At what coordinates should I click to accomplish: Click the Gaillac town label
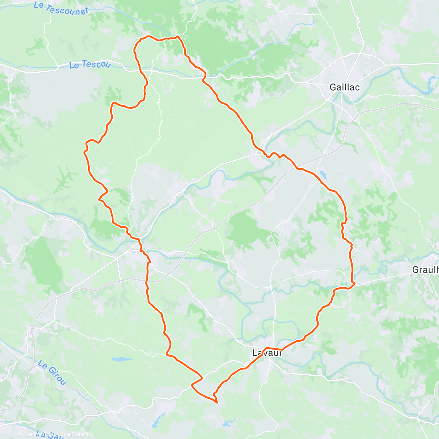pos(344,87)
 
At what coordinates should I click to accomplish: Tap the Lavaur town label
pos(267,353)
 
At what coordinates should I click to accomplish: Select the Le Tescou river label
pos(90,65)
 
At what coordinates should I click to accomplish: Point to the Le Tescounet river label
pos(61,8)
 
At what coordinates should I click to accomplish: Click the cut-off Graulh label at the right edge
pos(425,270)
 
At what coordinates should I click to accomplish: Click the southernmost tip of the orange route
pos(217,402)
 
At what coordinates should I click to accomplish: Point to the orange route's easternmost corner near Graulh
pos(354,283)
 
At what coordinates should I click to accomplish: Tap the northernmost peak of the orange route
pos(178,36)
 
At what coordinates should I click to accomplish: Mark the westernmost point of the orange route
pos(85,151)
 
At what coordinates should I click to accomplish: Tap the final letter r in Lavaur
pos(280,353)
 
